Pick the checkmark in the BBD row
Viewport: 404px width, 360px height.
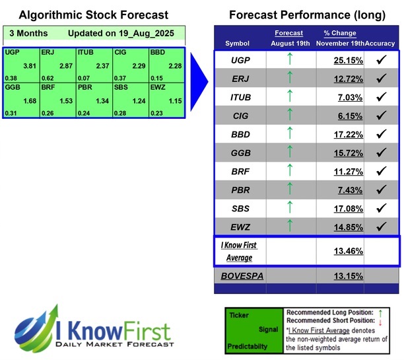pos(380,134)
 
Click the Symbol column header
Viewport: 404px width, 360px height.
pos(238,43)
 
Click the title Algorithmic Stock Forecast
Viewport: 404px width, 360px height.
pos(93,15)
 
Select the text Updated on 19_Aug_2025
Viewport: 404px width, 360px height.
pos(114,33)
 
